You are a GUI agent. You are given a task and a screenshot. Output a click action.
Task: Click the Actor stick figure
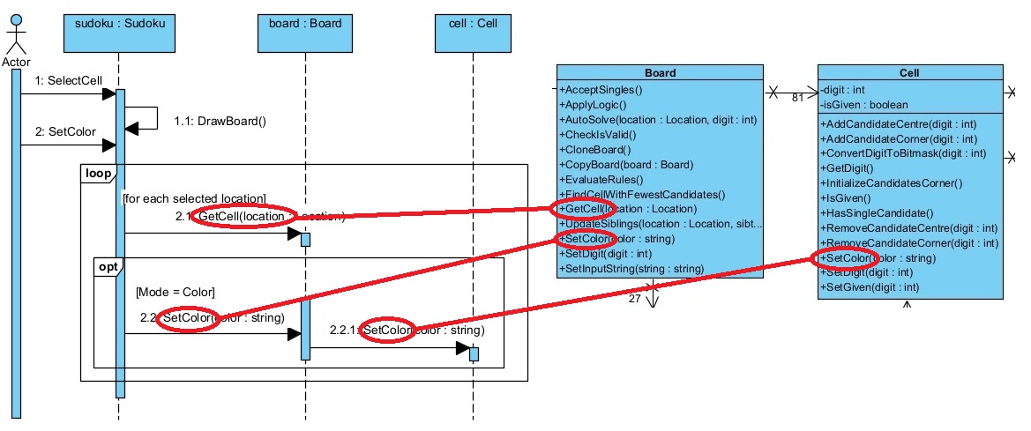click(17, 36)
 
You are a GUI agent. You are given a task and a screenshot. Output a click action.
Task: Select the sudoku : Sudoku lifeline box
click(116, 33)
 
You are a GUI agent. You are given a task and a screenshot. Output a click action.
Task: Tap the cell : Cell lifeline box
click(473, 33)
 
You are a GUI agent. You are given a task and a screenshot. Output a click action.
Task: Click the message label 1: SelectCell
click(69, 81)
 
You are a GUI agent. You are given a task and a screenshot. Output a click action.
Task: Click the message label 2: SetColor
click(65, 132)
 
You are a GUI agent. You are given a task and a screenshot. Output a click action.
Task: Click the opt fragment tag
click(108, 266)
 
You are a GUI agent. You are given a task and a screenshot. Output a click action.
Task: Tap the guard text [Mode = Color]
click(176, 291)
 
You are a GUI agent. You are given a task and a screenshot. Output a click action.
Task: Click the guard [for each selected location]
click(194, 198)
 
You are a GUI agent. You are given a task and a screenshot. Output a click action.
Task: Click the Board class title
click(660, 73)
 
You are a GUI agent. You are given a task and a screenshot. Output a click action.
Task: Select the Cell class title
click(910, 73)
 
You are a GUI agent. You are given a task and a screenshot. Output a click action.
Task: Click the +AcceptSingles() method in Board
click(601, 89)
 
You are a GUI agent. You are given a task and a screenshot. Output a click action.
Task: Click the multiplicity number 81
click(797, 98)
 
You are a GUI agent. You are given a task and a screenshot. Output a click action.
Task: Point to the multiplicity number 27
click(634, 299)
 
